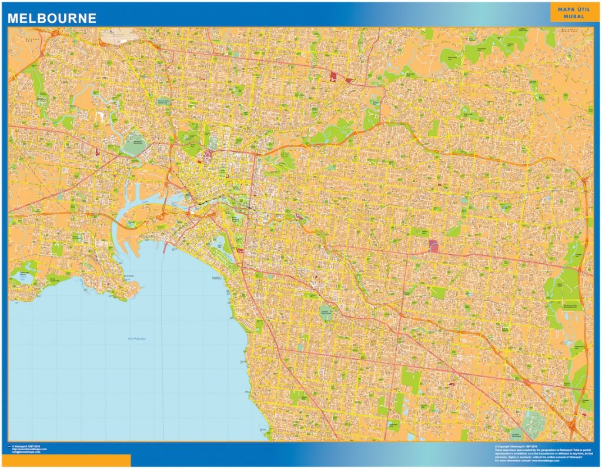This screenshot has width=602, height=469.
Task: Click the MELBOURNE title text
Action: [52, 18]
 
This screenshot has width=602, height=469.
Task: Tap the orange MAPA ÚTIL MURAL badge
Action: [567, 12]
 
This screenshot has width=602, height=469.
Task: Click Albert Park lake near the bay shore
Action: [221, 243]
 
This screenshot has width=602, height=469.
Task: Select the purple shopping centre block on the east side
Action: [434, 245]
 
